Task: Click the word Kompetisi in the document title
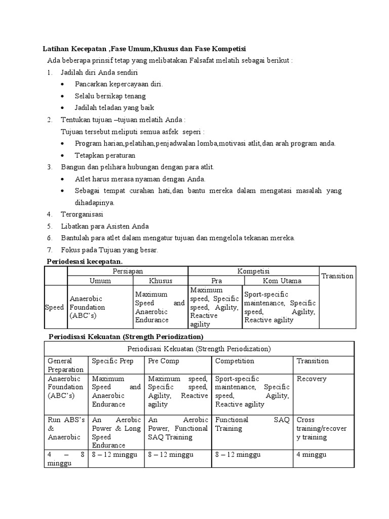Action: click(228, 48)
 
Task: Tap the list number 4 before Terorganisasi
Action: click(50, 214)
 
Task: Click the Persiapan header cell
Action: click(128, 272)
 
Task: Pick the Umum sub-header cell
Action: click(100, 281)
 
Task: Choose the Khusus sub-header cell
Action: click(161, 281)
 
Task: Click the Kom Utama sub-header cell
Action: click(282, 281)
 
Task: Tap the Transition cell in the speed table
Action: click(337, 276)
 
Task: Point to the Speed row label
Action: click(55, 307)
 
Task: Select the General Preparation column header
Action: click(66, 365)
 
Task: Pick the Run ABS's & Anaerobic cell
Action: click(66, 428)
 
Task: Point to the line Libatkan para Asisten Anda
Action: click(105, 226)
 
